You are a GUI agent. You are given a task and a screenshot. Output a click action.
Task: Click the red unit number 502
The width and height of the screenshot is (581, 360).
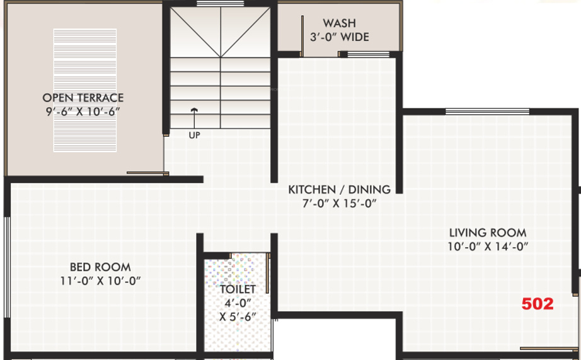(x=537, y=304)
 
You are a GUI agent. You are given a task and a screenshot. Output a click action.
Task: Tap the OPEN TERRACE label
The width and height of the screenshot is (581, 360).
(x=83, y=98)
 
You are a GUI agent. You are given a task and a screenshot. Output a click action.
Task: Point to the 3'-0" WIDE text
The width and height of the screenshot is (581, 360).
(x=339, y=37)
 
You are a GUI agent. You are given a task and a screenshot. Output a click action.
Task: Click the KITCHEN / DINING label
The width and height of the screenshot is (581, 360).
(x=339, y=189)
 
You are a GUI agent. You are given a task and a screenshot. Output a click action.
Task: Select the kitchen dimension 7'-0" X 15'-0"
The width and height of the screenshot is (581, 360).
(x=339, y=203)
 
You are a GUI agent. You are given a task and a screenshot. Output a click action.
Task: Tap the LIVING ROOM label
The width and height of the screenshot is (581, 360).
(x=487, y=233)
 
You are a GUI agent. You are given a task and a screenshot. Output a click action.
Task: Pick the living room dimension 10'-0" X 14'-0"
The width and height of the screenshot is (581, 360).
(x=487, y=247)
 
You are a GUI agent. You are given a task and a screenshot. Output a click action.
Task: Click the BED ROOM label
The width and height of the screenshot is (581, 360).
(x=100, y=267)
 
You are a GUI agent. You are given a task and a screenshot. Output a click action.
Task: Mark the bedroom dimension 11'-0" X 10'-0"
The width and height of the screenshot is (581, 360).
(x=96, y=281)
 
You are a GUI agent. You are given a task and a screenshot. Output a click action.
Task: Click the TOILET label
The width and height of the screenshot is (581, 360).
(x=238, y=289)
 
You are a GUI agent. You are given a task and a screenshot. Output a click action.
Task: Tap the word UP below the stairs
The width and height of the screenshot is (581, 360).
(x=194, y=135)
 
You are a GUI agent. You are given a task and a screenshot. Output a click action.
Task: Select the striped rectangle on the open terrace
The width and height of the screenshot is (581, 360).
(x=85, y=90)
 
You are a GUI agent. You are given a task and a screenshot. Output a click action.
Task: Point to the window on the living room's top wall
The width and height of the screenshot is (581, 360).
(x=469, y=112)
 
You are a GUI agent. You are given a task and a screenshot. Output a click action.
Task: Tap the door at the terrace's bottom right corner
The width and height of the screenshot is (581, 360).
(x=147, y=173)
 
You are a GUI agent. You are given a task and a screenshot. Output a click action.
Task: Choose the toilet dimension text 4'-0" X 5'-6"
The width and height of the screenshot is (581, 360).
(x=238, y=309)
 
